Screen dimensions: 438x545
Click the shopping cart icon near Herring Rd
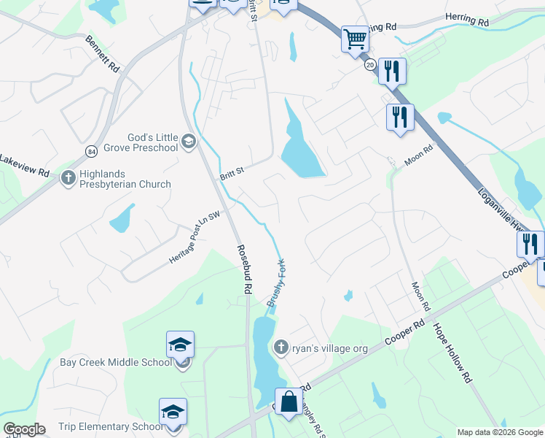(355, 39)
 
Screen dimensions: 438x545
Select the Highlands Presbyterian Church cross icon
(68, 177)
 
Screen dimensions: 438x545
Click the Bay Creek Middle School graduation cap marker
(180, 344)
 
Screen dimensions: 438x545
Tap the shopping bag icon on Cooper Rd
(289, 401)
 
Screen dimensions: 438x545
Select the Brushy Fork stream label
(277, 285)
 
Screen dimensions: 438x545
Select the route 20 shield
(370, 65)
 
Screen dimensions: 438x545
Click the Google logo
(23, 429)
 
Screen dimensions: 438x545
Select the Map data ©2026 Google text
(499, 432)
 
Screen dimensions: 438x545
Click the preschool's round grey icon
(189, 141)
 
